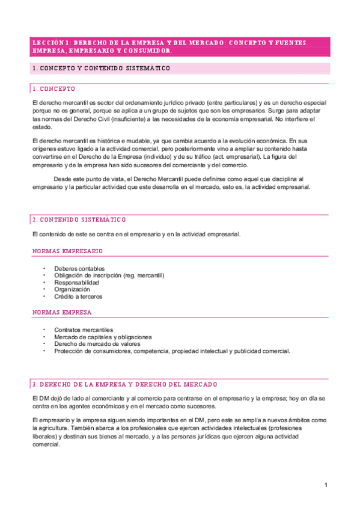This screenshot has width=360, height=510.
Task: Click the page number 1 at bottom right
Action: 325,485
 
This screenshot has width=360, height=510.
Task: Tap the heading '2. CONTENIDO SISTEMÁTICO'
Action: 79,220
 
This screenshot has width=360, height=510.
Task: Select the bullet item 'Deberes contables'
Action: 79,268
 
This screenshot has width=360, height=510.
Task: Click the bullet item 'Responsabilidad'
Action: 76,282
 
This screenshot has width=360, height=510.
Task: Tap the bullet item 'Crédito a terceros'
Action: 78,296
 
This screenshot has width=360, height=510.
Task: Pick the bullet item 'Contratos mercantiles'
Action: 84,330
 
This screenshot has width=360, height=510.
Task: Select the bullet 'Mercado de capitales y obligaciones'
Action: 103,337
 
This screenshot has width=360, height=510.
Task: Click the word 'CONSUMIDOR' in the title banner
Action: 146,51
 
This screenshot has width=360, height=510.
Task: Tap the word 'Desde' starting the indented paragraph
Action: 62,179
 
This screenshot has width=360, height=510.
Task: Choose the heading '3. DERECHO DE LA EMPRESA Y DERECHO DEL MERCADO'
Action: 125,384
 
